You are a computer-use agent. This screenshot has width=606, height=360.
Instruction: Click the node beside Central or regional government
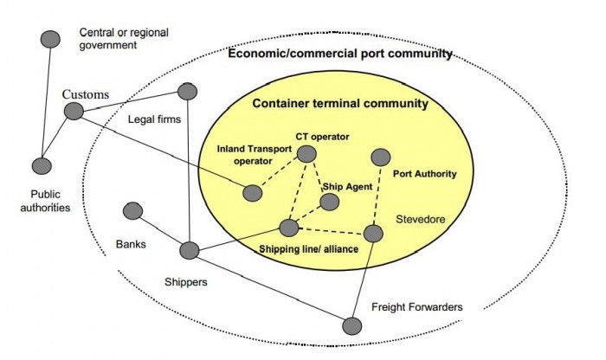coord(51,39)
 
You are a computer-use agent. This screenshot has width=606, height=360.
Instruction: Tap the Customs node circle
coord(74,111)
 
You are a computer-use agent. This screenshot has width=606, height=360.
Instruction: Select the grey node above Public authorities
coord(41,165)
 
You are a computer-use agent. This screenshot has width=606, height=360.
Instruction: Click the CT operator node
coord(306,153)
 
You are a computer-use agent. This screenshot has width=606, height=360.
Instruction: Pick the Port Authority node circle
coord(380,157)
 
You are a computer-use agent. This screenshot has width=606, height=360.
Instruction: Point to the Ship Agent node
coord(329,202)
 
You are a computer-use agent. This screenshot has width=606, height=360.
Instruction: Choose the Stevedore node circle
coord(372,234)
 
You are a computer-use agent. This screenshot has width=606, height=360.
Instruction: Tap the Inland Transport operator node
coord(252,193)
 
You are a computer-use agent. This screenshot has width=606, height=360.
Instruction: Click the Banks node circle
coord(133,211)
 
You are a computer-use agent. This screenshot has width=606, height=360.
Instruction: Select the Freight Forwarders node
coord(351,325)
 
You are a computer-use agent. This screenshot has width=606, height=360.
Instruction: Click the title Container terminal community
coord(339,104)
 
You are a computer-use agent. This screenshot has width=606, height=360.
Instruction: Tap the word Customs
coord(84,93)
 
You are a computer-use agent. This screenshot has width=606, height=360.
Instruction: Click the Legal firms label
coord(154,119)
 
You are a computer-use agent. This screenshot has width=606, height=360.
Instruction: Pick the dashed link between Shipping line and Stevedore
coord(331,231)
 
